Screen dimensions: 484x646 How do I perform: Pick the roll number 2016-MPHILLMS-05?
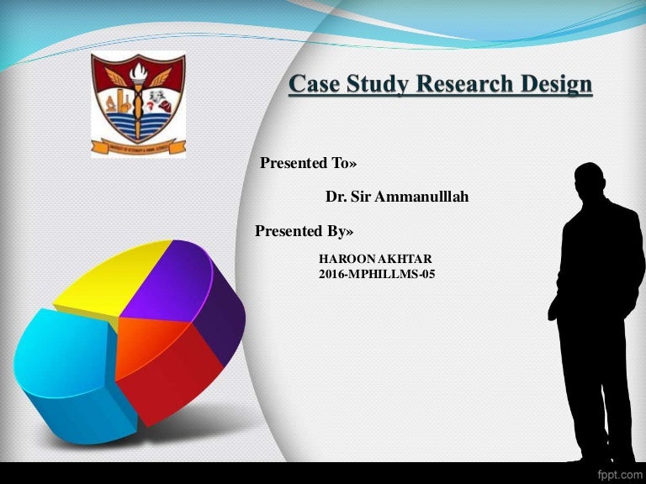[377, 274]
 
